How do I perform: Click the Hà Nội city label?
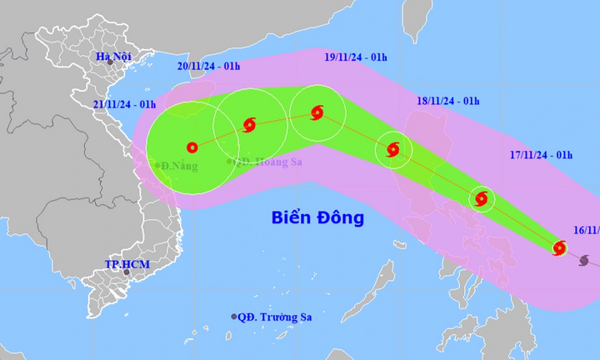pyautogui.click(x=114, y=57)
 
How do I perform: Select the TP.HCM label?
pyautogui.click(x=124, y=263)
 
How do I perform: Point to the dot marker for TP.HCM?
pyautogui.click(x=127, y=272)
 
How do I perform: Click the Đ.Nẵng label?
pyautogui.click(x=177, y=165)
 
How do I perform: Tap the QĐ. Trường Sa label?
pyautogui.click(x=274, y=317)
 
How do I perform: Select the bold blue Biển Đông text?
pyautogui.click(x=317, y=218)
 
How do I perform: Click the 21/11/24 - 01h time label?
pyautogui.click(x=123, y=103)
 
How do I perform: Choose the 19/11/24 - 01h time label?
pyautogui.click(x=355, y=57)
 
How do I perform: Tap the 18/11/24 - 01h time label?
pyautogui.click(x=448, y=101)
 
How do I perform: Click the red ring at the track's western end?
pyautogui.click(x=192, y=147)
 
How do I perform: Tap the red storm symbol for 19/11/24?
pyautogui.click(x=317, y=112)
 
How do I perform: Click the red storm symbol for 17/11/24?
pyautogui.click(x=481, y=198)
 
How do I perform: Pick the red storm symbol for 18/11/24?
pyautogui.click(x=393, y=150)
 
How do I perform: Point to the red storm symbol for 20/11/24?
pyautogui.click(x=249, y=125)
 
